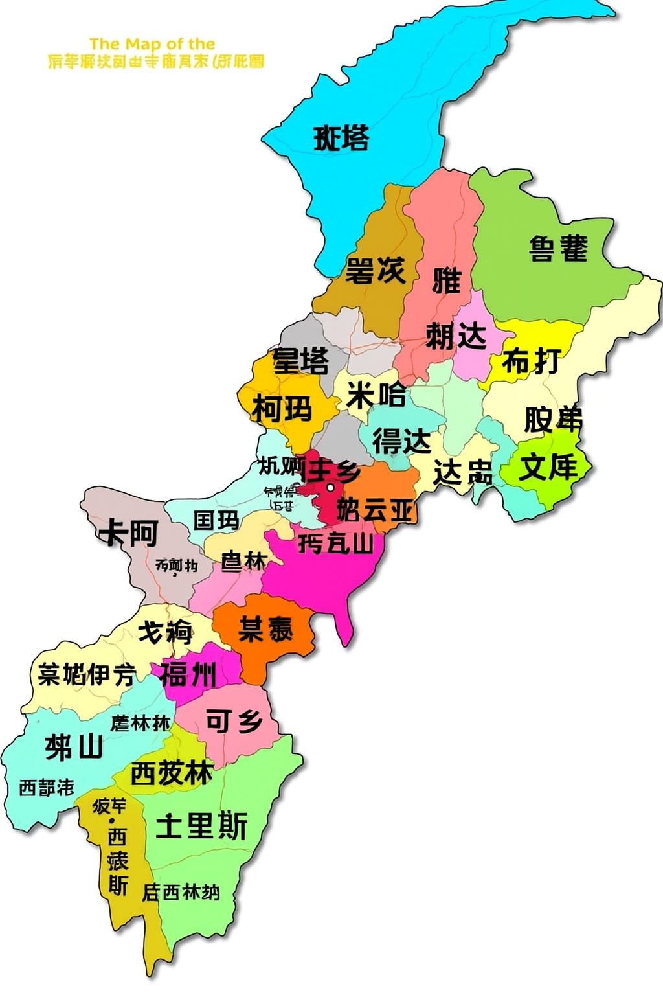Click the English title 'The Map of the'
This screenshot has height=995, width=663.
[x=152, y=44]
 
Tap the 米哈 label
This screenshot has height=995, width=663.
[x=376, y=395]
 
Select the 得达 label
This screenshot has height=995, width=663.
[x=401, y=441]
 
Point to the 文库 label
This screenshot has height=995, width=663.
[x=548, y=466]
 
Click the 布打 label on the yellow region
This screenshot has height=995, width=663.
[x=531, y=361]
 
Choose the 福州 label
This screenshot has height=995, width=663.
[x=188, y=674]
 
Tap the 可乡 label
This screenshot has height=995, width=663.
[x=234, y=720]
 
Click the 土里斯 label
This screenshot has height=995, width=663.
[x=202, y=825]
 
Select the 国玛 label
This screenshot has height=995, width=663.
[x=216, y=520]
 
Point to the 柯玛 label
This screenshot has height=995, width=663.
[x=282, y=409]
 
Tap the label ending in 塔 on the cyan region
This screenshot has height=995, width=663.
[x=341, y=137]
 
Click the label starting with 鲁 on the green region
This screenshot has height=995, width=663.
[x=558, y=248]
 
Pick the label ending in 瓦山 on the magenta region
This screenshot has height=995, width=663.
[x=336, y=543]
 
